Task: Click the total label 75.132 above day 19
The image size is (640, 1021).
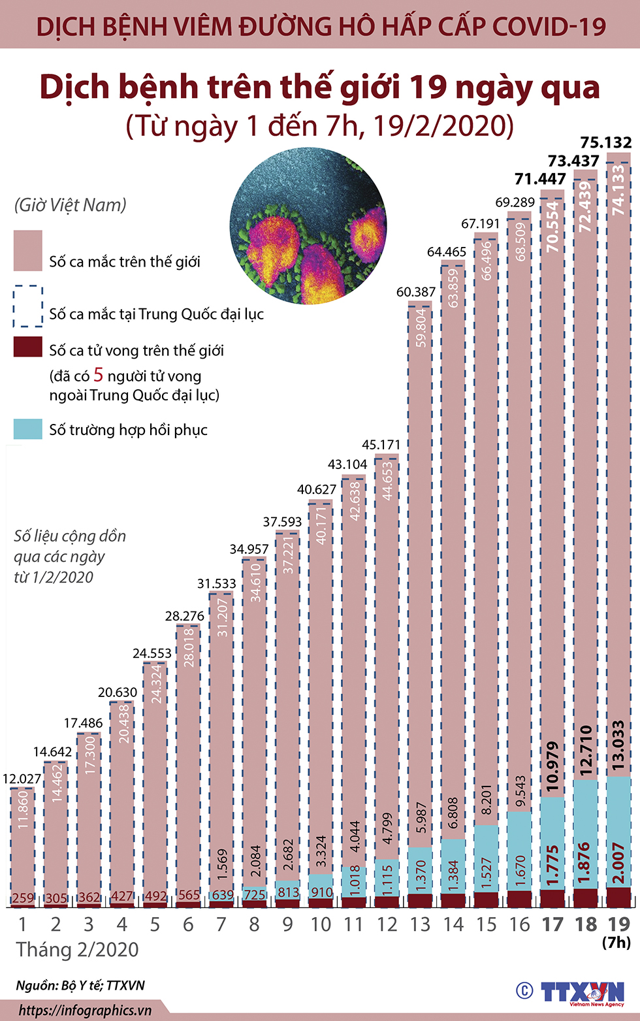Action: pos(606,142)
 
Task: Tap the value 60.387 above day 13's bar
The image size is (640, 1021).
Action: pos(416,292)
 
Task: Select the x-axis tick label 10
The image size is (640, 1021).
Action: pos(321,925)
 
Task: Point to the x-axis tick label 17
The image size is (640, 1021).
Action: pos(552,925)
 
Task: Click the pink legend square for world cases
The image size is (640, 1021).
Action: pos(28,250)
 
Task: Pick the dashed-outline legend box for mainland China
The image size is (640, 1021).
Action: pos(28,306)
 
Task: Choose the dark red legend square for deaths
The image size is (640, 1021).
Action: pos(28,347)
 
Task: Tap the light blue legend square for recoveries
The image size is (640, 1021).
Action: pos(28,429)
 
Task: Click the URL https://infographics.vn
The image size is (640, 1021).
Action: pos(85,1011)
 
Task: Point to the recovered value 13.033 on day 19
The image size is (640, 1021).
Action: pos(618,745)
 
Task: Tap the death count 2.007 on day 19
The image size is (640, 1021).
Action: pos(618,862)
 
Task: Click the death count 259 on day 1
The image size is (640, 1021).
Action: pos(23,898)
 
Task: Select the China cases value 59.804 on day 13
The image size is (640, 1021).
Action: pos(421,327)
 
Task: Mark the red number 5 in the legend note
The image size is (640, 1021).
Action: pos(99,375)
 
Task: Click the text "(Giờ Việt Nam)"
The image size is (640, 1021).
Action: pos(71,205)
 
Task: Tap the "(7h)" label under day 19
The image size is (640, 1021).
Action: pos(616,942)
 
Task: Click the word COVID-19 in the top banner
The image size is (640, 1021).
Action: pos(549,27)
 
